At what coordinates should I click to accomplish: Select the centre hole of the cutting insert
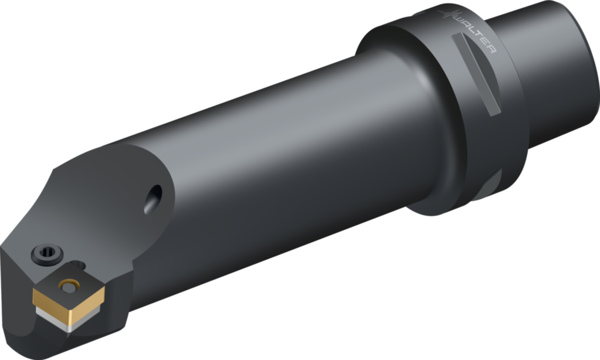(71, 286)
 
